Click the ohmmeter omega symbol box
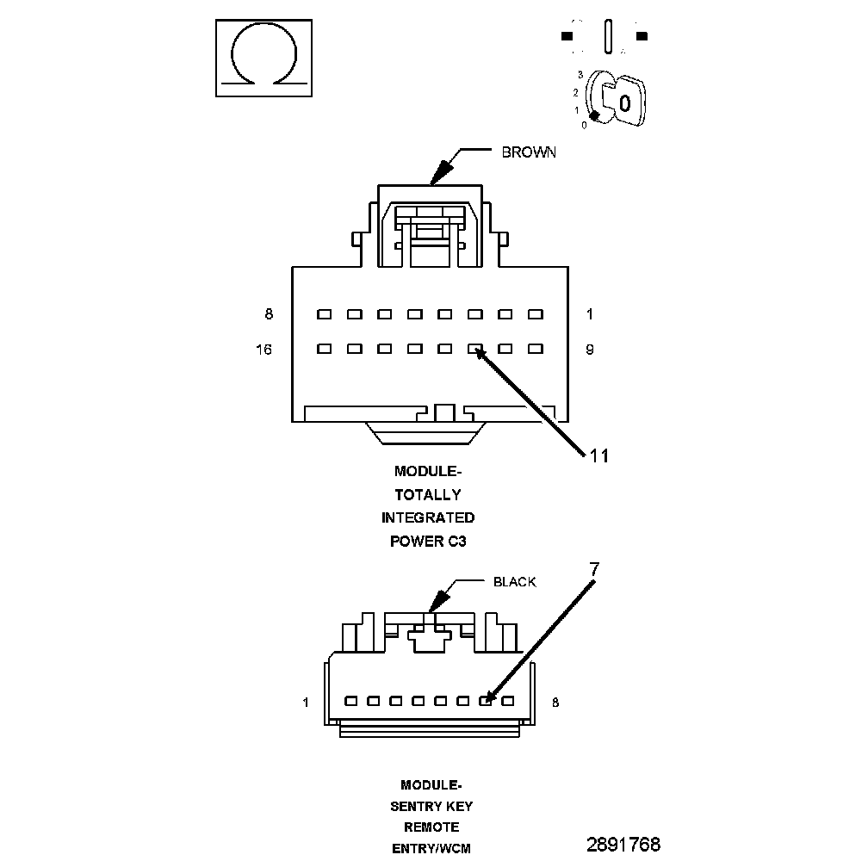click(x=263, y=58)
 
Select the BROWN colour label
click(x=529, y=152)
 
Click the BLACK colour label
click(x=514, y=582)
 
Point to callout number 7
click(x=593, y=569)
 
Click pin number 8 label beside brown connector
click(x=269, y=314)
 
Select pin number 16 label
click(x=263, y=350)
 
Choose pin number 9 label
click(x=590, y=350)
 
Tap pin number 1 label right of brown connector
click(x=590, y=314)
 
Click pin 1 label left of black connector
click(x=305, y=703)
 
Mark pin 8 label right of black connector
click(x=555, y=703)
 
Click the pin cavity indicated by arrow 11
click(x=474, y=350)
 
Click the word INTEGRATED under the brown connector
click(x=428, y=518)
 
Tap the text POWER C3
click(x=428, y=542)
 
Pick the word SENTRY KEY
click(x=431, y=807)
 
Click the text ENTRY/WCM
click(x=431, y=849)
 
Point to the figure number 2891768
click(x=623, y=844)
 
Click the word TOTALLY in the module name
click(x=428, y=495)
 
